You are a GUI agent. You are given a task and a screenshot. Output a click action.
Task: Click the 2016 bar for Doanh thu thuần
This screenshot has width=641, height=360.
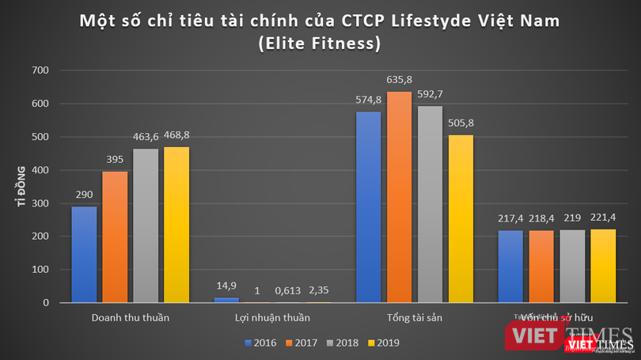[84, 255]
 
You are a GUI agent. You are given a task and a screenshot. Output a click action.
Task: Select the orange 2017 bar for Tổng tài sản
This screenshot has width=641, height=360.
[399, 198]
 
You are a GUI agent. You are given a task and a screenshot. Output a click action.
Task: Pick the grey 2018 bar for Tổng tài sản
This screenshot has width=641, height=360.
[430, 205]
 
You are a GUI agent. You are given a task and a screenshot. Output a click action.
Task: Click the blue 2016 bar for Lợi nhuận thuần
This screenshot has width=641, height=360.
[226, 300]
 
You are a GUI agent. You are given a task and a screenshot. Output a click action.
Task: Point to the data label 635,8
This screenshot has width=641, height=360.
[399, 80]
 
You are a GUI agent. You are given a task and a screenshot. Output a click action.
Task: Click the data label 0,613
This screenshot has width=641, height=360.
[288, 290]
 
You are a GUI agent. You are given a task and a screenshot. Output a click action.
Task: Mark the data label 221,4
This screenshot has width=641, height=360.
[602, 218]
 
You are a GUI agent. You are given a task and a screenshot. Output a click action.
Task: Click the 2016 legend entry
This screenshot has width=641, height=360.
[259, 343]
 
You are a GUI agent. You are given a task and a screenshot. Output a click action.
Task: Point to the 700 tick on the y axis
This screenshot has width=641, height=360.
[40, 71]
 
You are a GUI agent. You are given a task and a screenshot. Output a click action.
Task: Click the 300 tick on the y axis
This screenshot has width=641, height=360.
[40, 203]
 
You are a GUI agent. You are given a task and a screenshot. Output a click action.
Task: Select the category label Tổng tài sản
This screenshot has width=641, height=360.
[414, 318]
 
